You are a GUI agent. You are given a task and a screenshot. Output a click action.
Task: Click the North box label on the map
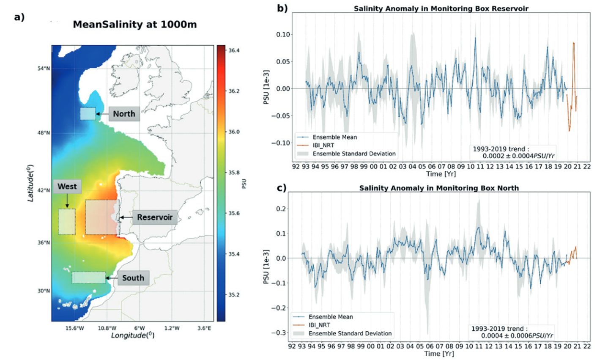[x=124, y=114]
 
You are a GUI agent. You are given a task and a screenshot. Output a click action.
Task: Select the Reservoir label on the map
[x=155, y=217]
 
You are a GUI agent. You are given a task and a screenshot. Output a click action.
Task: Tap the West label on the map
[x=67, y=187]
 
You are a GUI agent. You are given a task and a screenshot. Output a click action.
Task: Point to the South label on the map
[x=133, y=278]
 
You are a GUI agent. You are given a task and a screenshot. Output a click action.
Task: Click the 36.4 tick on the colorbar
[x=234, y=50]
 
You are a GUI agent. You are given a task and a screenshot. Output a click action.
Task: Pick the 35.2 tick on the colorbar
[x=234, y=294]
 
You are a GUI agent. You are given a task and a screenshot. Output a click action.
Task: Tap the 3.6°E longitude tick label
[x=204, y=328]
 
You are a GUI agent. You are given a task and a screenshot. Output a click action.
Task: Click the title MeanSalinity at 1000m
[x=134, y=25]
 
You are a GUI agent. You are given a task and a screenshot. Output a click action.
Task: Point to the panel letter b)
[x=282, y=8]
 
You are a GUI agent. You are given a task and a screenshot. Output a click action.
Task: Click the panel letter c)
[x=282, y=187]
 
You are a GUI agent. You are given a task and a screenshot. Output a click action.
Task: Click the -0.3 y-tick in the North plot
[x=279, y=333]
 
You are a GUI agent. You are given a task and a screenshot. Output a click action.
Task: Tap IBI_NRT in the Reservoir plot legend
[x=323, y=146]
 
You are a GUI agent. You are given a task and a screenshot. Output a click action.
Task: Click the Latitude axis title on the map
[x=30, y=182]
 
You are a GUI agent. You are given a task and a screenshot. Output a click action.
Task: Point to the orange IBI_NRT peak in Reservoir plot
[x=573, y=43]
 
